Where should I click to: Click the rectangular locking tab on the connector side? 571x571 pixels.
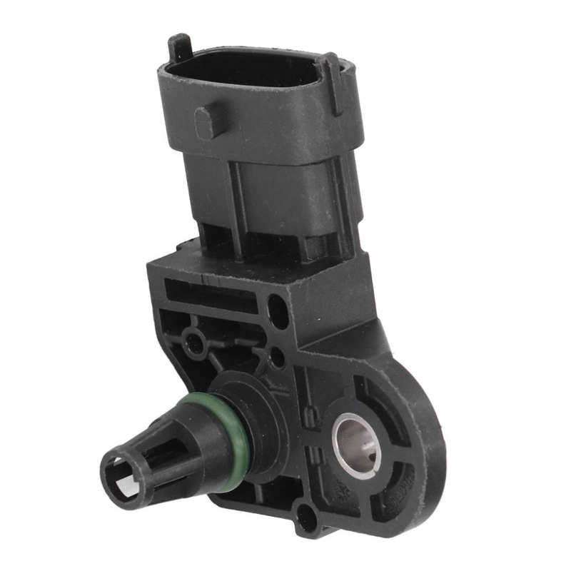(x=206, y=122)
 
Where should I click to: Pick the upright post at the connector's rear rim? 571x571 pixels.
(x=179, y=47)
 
